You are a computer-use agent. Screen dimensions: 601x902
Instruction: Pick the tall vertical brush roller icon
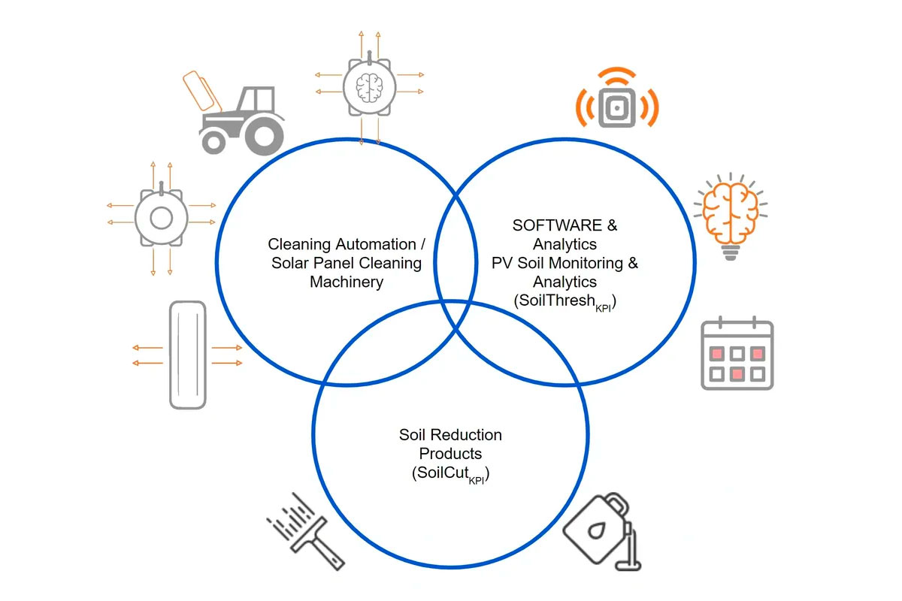point(187,355)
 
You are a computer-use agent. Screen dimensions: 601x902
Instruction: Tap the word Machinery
point(347,282)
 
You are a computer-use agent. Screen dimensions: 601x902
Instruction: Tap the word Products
point(450,454)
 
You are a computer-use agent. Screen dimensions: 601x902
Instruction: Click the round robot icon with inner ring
point(160,219)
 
